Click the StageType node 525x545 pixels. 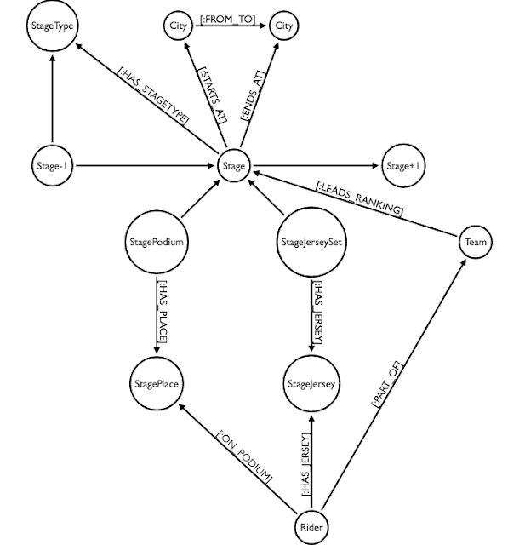coord(53,26)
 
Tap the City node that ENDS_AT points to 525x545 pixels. coord(283,26)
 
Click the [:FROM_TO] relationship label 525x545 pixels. coord(229,18)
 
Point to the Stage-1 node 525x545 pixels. coord(53,167)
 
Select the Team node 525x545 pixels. coord(475,243)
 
